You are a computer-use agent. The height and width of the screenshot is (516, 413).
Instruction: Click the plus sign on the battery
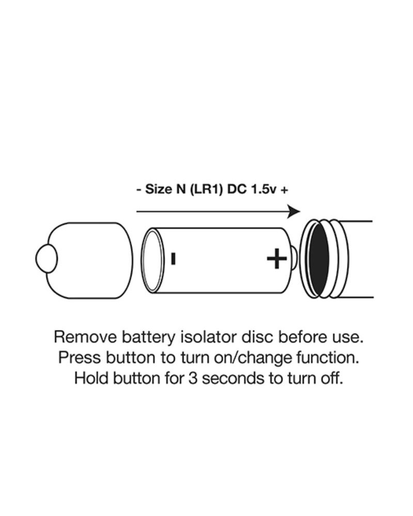(x=276, y=259)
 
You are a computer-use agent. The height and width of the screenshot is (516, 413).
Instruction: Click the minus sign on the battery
(x=173, y=259)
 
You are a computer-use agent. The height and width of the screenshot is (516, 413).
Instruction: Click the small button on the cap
(x=46, y=259)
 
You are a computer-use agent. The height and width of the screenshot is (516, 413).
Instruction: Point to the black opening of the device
(x=319, y=259)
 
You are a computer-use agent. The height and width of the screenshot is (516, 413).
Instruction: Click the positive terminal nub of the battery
(x=295, y=259)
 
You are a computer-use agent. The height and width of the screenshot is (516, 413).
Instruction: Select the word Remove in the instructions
(x=86, y=337)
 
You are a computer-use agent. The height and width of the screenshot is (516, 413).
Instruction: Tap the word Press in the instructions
(x=80, y=358)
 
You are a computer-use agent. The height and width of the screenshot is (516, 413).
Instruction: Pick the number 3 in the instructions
(x=193, y=378)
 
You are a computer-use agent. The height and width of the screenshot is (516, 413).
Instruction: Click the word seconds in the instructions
(x=233, y=378)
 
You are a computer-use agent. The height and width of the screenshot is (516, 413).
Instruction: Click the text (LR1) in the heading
(x=206, y=189)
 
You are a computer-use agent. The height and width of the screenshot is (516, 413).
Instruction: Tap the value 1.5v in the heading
(x=263, y=189)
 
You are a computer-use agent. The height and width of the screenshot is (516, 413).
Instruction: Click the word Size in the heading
(x=158, y=189)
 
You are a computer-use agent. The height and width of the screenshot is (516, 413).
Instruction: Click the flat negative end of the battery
(x=152, y=261)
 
